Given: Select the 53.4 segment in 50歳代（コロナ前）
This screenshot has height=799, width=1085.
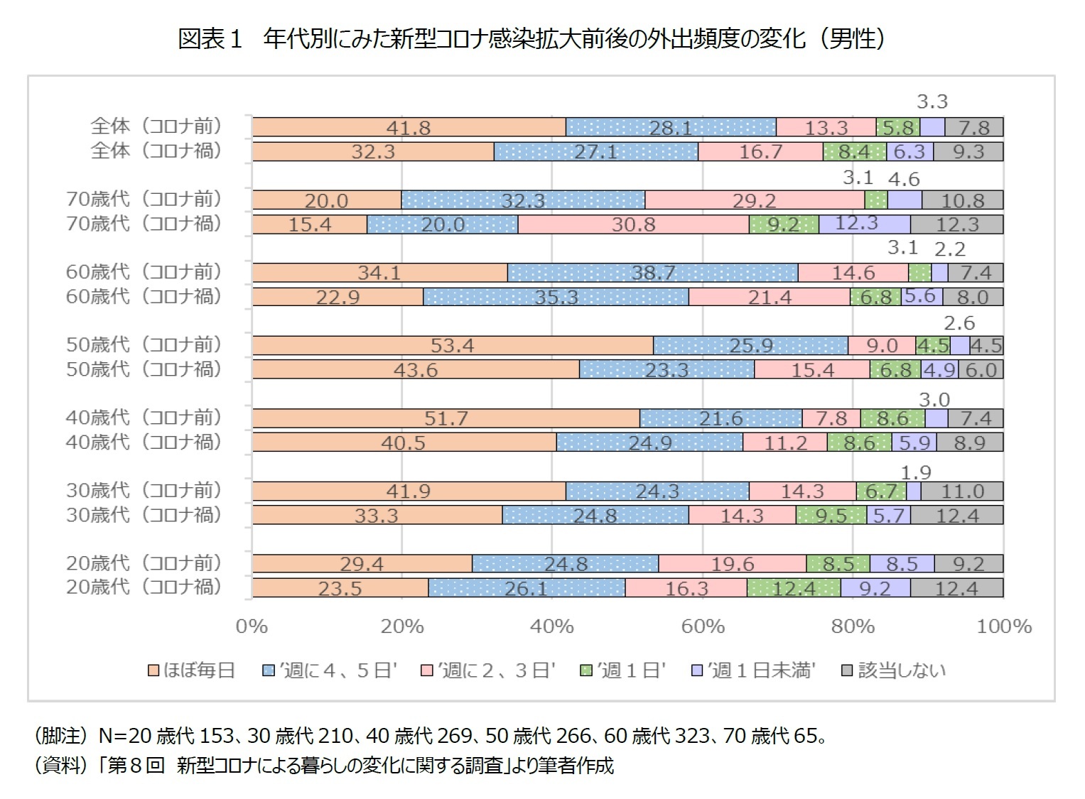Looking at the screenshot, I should click(453, 346).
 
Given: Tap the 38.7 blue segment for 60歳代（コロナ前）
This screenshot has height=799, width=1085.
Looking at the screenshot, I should click(652, 273).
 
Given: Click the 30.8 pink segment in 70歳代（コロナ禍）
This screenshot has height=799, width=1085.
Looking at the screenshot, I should click(633, 224).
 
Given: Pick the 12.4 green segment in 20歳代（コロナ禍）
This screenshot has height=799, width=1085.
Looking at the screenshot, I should click(794, 588).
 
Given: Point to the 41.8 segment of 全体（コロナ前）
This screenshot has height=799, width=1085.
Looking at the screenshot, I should click(409, 128).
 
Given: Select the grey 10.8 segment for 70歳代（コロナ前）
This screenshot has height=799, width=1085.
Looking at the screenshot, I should click(962, 200).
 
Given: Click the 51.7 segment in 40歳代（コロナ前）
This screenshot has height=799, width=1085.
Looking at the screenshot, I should click(446, 418).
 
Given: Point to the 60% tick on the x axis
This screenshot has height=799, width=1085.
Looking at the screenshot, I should click(702, 626).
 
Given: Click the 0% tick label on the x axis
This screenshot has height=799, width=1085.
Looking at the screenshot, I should click(252, 626).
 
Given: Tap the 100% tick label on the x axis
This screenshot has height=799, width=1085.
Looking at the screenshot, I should click(1003, 626).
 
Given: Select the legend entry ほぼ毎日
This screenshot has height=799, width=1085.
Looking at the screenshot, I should click(191, 670).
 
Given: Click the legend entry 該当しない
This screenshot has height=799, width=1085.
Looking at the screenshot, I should click(894, 670).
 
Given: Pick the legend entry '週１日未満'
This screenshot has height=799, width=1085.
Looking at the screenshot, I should click(754, 670).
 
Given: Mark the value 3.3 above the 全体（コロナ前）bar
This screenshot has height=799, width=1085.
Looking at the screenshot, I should click(932, 102).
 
